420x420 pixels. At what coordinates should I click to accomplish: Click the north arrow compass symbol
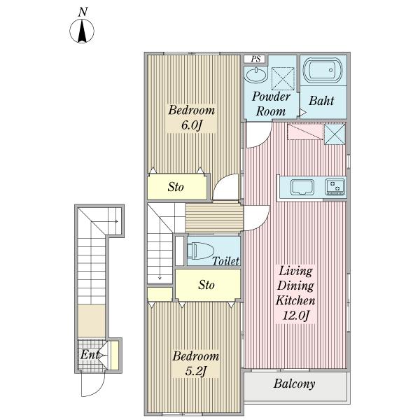[x=82, y=31]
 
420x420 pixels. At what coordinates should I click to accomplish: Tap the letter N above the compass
[x=83, y=12]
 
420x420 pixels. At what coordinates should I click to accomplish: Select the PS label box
[x=255, y=59]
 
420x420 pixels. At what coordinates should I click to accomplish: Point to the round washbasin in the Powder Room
[x=255, y=75]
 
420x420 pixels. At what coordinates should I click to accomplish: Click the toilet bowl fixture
[x=201, y=251]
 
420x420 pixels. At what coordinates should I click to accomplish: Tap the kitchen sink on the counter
[x=302, y=187]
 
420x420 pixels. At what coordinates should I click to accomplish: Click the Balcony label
[x=294, y=384]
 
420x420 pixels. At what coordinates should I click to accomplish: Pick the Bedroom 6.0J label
[x=192, y=118]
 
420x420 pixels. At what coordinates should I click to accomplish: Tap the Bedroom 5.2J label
[x=196, y=363]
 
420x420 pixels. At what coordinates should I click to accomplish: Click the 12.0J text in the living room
[x=296, y=315]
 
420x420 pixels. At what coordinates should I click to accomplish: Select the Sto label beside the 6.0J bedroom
[x=176, y=187]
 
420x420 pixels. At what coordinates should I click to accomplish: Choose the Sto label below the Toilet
[x=206, y=285]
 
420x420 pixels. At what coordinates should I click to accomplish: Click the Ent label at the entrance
[x=90, y=355]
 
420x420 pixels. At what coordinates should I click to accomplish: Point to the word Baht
[x=321, y=101]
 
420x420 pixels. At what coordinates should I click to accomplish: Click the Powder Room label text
[x=271, y=104]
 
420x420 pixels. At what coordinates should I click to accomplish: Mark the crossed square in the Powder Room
[x=283, y=78]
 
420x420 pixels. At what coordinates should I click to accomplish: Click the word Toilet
[x=226, y=261]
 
